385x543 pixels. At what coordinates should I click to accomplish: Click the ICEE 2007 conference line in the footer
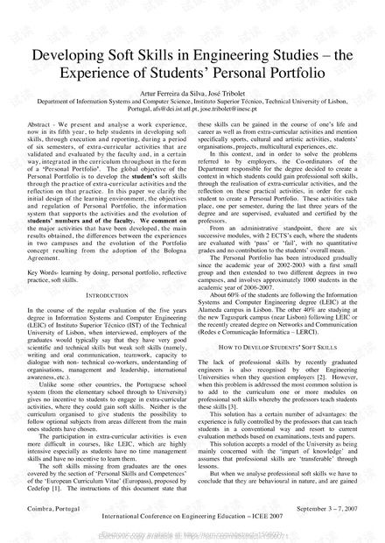coord(192,526)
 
